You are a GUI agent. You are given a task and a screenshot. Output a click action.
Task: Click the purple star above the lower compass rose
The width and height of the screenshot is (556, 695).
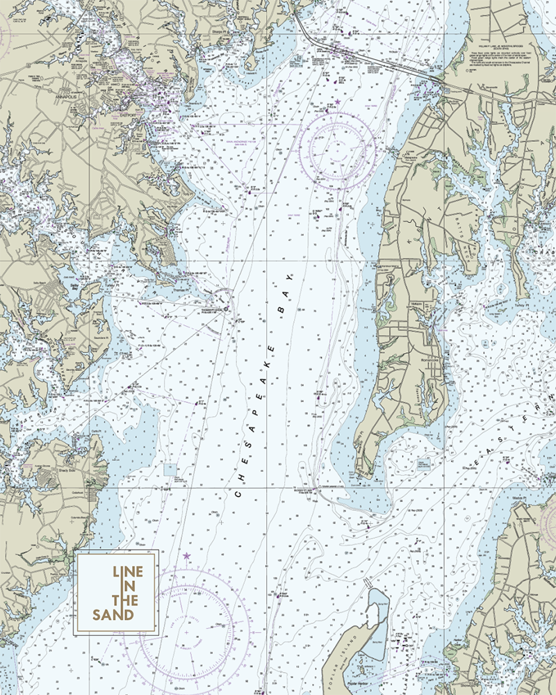(x=186, y=556)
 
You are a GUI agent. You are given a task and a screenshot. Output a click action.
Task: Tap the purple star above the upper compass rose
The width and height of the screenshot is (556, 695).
(x=338, y=102)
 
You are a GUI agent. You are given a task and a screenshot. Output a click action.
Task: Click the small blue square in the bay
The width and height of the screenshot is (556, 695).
(x=171, y=469)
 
